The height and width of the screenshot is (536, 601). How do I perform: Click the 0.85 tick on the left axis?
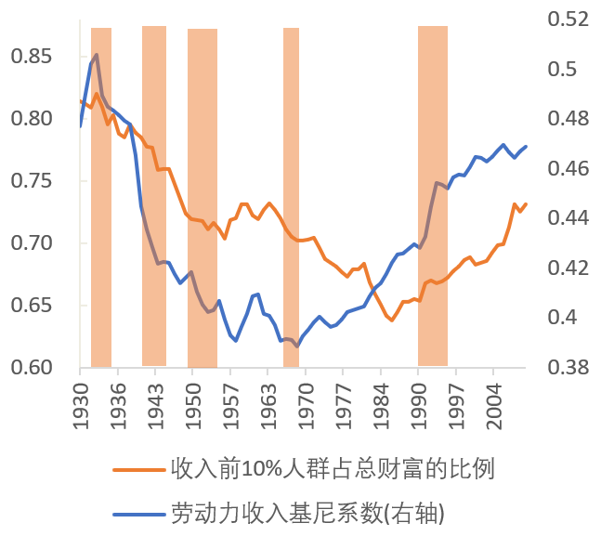pyautogui.click(x=33, y=57)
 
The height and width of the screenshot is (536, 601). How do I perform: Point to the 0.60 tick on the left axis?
pyautogui.click(x=33, y=368)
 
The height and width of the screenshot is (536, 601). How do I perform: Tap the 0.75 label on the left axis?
pyautogui.click(x=33, y=181)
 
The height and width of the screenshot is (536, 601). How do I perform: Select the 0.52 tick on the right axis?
pyautogui.click(x=568, y=20)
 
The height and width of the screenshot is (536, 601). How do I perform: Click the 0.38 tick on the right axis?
pyautogui.click(x=568, y=368)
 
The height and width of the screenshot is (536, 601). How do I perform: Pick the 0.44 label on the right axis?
pyautogui.click(x=568, y=218)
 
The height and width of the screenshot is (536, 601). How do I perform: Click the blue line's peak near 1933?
pyautogui.click(x=97, y=55)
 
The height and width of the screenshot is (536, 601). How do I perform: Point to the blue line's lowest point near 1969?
pyautogui.click(x=296, y=346)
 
